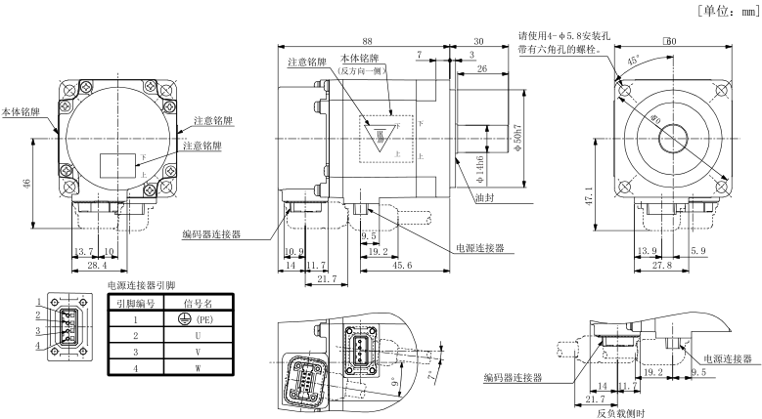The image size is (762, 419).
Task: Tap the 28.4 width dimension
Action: [97, 265]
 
